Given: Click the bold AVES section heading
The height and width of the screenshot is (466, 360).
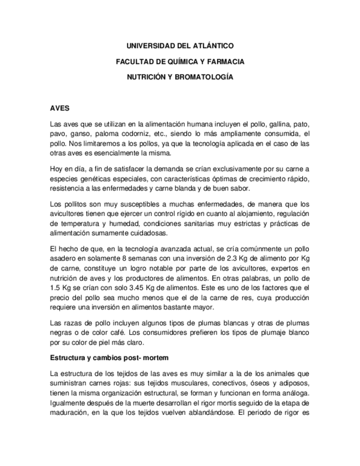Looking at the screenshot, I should (59, 108).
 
